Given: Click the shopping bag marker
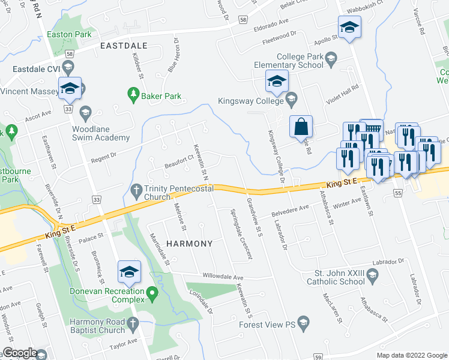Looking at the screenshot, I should (301, 127).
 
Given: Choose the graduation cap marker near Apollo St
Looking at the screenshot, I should (349, 28).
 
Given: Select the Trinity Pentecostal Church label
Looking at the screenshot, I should (175, 193).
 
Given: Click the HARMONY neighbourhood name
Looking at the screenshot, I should (189, 244).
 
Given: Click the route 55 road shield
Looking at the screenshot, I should (397, 193).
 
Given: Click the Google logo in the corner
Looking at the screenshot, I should (19, 353).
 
